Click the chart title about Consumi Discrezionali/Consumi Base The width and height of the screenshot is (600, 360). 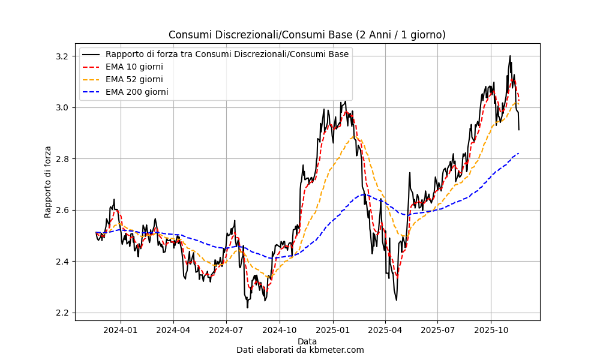click(x=307, y=35)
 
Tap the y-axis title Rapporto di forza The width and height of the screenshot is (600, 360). click(x=48, y=182)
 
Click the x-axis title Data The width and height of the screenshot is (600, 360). click(x=307, y=341)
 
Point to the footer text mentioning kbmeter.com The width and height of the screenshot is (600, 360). click(x=300, y=350)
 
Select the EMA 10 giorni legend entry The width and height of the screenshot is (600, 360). click(x=134, y=67)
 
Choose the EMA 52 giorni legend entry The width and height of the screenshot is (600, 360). click(x=134, y=79)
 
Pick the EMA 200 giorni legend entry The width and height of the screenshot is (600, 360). click(x=136, y=92)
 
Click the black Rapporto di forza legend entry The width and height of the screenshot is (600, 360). click(x=227, y=54)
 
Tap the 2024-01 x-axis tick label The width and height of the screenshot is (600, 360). click(x=121, y=329)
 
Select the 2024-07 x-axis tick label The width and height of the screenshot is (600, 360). click(x=226, y=329)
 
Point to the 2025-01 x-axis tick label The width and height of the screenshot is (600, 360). click(x=332, y=329)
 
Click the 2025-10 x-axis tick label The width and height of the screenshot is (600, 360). click(x=491, y=329)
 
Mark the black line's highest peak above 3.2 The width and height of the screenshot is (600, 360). click(x=510, y=56)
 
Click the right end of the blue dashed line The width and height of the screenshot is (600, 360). click(x=518, y=153)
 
